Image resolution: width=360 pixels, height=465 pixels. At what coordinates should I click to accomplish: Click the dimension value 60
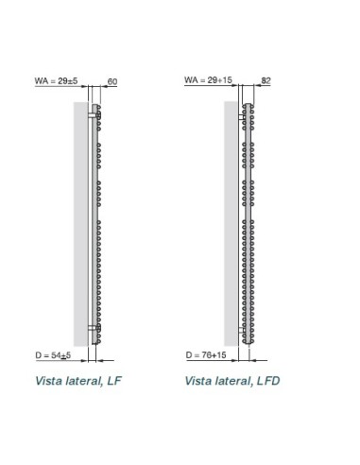click(111, 82)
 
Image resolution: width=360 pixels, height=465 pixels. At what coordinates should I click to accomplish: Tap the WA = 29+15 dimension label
click(207, 82)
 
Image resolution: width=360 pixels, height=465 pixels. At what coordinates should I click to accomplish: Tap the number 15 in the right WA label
click(225, 82)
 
